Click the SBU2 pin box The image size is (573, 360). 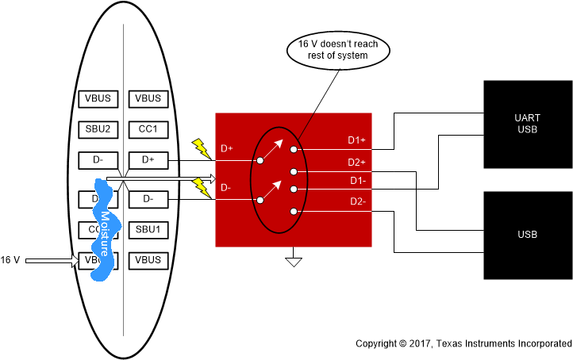click(x=98, y=129)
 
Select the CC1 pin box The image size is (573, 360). click(x=148, y=129)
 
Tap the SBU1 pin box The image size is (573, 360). click(x=148, y=230)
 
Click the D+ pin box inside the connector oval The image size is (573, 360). click(x=148, y=160)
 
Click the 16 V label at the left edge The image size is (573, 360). click(x=10, y=259)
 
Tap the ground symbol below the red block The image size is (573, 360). click(x=294, y=259)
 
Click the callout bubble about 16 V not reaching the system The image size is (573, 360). click(x=337, y=50)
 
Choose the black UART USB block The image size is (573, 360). click(x=527, y=124)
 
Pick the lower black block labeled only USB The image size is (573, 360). click(x=527, y=235)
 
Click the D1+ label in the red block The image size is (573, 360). click(x=356, y=140)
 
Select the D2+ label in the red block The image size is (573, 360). click(x=356, y=162)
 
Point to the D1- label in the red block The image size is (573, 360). click(x=356, y=181)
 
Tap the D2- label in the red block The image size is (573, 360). click(x=356, y=201)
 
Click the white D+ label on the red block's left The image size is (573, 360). click(x=226, y=148)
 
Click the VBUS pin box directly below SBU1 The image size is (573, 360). click(x=148, y=259)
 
